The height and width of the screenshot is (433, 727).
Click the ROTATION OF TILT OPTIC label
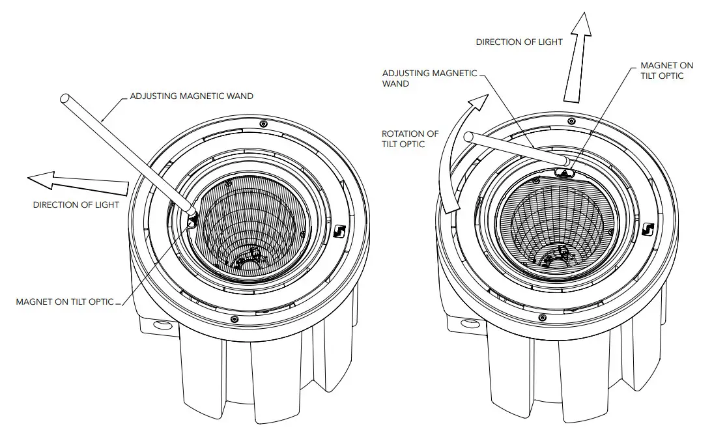[x=410, y=139]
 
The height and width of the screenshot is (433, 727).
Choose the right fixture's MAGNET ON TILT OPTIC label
[x=666, y=71]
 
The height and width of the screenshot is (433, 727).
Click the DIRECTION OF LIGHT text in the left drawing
[x=76, y=205]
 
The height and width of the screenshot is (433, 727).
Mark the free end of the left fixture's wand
[x=65, y=100]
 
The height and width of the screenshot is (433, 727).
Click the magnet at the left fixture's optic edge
[x=192, y=222]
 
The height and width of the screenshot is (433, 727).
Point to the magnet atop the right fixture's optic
[x=564, y=173]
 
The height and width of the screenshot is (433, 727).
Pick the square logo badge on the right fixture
[x=646, y=229]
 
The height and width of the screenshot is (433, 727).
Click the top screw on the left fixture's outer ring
[x=263, y=124]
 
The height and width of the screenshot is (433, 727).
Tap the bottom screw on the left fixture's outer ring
[x=234, y=318]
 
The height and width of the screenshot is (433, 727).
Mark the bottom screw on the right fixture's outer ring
[x=541, y=317]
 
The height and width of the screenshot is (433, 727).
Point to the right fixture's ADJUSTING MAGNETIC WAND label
[x=430, y=78]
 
